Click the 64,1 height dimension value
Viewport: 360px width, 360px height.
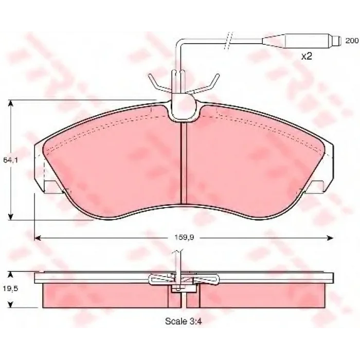[x=11, y=160]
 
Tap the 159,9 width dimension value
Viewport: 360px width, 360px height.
[x=184, y=238]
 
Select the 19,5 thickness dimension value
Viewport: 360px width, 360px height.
[x=10, y=289]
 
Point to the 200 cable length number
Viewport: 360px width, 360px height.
[x=352, y=41]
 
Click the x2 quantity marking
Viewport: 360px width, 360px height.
[x=307, y=56]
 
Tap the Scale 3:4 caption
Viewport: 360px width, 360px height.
[x=184, y=321]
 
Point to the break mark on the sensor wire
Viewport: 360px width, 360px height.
[x=228, y=41]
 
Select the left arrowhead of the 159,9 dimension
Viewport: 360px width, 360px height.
[x=38, y=238]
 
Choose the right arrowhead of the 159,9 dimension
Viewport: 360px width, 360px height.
[x=330, y=238]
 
